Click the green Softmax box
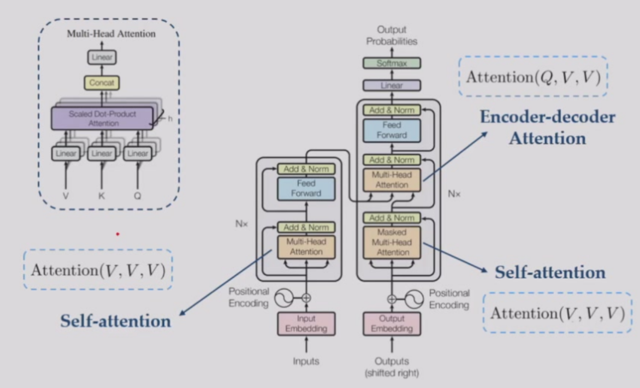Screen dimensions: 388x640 click(392, 63)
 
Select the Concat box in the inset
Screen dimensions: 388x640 click(102, 83)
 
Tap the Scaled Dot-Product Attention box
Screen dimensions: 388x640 click(102, 118)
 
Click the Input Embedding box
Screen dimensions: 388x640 click(306, 323)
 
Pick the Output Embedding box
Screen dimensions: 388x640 click(392, 323)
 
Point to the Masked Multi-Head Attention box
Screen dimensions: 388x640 click(392, 243)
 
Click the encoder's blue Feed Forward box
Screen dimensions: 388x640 click(306, 189)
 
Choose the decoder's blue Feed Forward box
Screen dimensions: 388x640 click(392, 130)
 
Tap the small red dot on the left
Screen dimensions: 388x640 click(118, 233)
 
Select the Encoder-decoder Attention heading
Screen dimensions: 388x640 click(547, 127)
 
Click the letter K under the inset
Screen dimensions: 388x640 click(101, 196)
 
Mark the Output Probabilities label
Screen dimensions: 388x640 click(392, 36)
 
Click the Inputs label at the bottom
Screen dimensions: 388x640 click(306, 361)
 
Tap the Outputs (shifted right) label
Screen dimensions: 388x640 click(392, 366)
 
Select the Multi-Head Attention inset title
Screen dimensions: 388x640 click(111, 34)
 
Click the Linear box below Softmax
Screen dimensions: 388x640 click(392, 86)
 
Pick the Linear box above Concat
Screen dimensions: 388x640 click(102, 58)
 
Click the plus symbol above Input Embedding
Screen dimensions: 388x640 click(306, 298)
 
